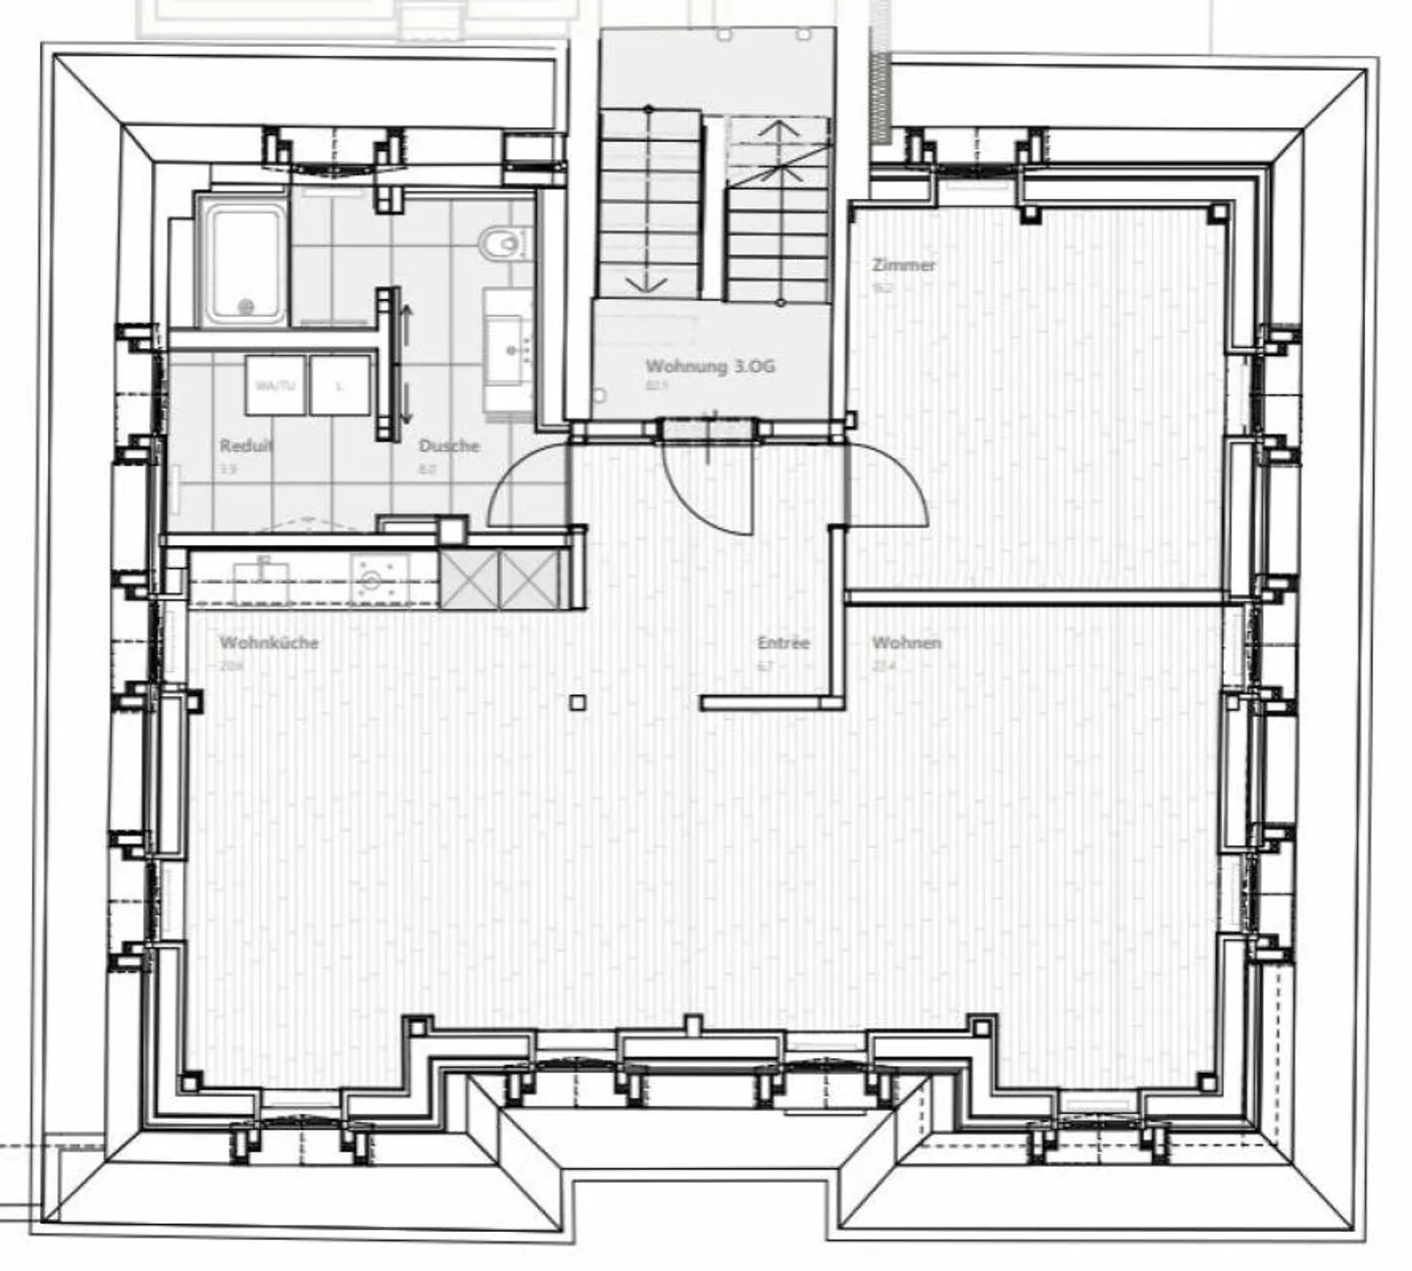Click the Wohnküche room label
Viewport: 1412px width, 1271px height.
click(269, 643)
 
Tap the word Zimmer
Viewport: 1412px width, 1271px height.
click(903, 265)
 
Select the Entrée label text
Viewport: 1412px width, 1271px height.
click(783, 643)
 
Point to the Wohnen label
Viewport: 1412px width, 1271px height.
click(906, 643)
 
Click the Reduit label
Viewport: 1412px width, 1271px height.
click(246, 446)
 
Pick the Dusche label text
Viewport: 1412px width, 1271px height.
click(449, 446)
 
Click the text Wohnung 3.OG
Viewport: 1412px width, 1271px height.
click(710, 367)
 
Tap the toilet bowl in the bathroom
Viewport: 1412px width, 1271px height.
click(502, 242)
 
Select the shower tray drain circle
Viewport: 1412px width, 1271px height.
click(244, 307)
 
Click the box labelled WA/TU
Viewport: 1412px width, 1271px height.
click(275, 385)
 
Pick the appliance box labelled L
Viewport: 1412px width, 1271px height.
click(340, 385)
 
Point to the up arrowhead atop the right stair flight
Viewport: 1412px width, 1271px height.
click(780, 127)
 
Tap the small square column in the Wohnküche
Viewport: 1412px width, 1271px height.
click(578, 702)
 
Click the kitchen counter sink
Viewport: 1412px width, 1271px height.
click(262, 581)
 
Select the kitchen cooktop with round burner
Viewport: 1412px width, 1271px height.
click(379, 580)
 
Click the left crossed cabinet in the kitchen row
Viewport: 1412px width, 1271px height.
click(470, 580)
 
